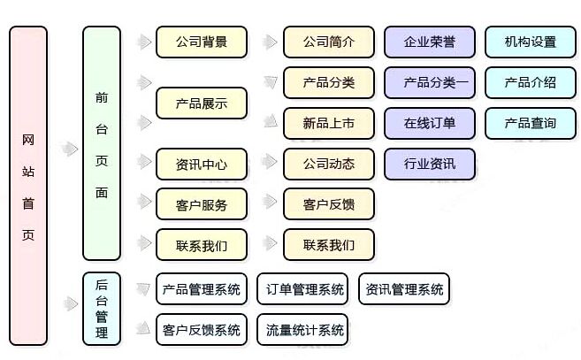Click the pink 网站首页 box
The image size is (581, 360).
click(x=28, y=184)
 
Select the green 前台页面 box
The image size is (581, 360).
click(x=101, y=143)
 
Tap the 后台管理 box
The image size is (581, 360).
click(x=101, y=309)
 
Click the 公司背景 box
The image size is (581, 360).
click(x=201, y=42)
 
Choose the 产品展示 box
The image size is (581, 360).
click(x=201, y=103)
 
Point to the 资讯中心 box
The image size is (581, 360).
click(x=201, y=164)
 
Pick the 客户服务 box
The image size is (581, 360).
click(x=201, y=205)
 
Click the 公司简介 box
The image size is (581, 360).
click(x=329, y=42)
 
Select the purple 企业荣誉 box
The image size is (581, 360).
click(x=430, y=42)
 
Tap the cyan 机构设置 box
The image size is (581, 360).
click(x=531, y=42)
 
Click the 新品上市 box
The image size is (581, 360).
click(x=329, y=124)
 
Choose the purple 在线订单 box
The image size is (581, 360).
click(x=430, y=124)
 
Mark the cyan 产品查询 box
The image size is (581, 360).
click(x=531, y=124)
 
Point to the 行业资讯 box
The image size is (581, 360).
click(x=430, y=164)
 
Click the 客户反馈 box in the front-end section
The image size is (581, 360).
click(x=329, y=205)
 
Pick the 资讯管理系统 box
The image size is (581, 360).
click(x=403, y=289)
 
